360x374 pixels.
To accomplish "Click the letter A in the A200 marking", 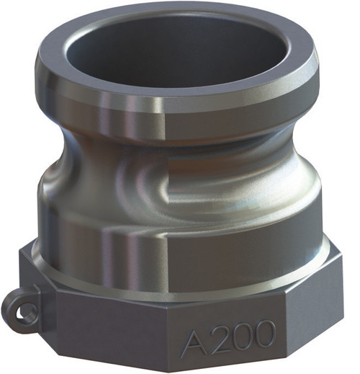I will point(197,337).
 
